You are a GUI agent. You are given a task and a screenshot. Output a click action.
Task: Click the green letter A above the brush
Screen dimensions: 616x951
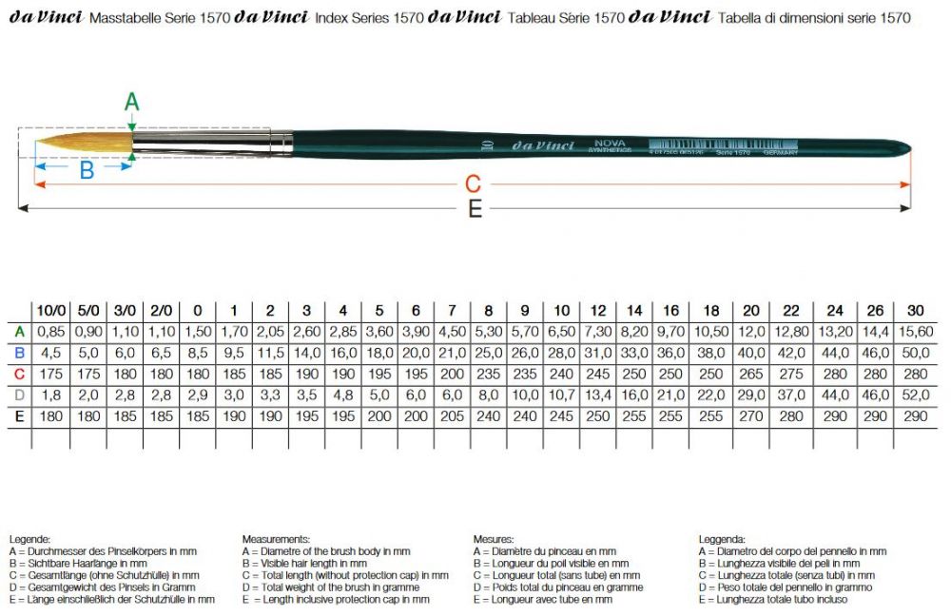[x=132, y=101]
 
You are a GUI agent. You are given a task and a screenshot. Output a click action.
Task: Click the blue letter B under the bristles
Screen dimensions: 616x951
[x=87, y=171]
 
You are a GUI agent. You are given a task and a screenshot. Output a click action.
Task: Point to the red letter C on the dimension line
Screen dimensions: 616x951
[x=473, y=183]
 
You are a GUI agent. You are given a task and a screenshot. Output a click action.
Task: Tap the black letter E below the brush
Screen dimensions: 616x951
[x=475, y=209]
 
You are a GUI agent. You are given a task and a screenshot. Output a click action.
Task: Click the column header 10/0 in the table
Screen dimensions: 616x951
[x=50, y=311]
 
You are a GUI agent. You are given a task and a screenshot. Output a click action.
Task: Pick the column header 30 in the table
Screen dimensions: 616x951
[x=915, y=311]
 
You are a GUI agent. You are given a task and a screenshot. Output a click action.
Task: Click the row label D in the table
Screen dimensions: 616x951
[x=17, y=395]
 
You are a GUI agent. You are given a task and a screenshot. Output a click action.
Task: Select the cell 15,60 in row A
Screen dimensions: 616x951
[x=915, y=332]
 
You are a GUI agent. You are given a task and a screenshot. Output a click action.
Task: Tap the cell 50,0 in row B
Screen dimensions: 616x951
[x=915, y=353]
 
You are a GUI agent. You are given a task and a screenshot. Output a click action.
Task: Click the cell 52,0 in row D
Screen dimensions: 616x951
[x=915, y=395]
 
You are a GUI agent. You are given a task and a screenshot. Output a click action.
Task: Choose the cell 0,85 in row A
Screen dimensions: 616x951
[x=50, y=332]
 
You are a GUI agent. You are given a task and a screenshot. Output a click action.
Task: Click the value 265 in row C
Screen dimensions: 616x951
[x=750, y=374]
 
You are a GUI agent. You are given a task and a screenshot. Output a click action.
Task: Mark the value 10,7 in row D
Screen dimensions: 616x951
[x=561, y=395]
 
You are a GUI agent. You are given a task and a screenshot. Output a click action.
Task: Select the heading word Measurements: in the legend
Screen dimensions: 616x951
[x=277, y=538]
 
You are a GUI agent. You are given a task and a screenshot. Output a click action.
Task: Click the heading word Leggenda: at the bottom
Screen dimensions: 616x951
[x=722, y=538]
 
